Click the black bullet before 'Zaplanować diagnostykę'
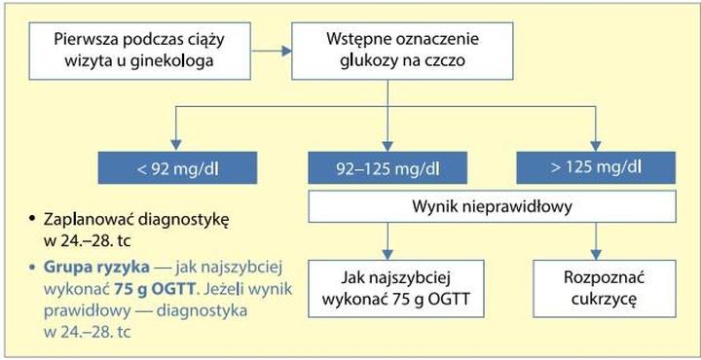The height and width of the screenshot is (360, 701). pos(33,218)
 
